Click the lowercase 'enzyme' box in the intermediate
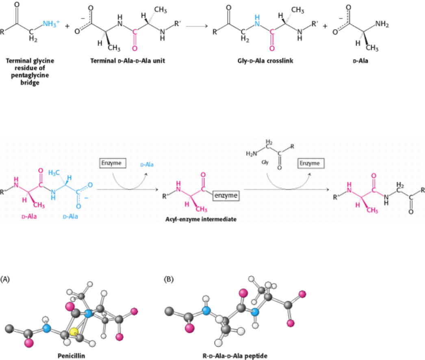click(x=226, y=196)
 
